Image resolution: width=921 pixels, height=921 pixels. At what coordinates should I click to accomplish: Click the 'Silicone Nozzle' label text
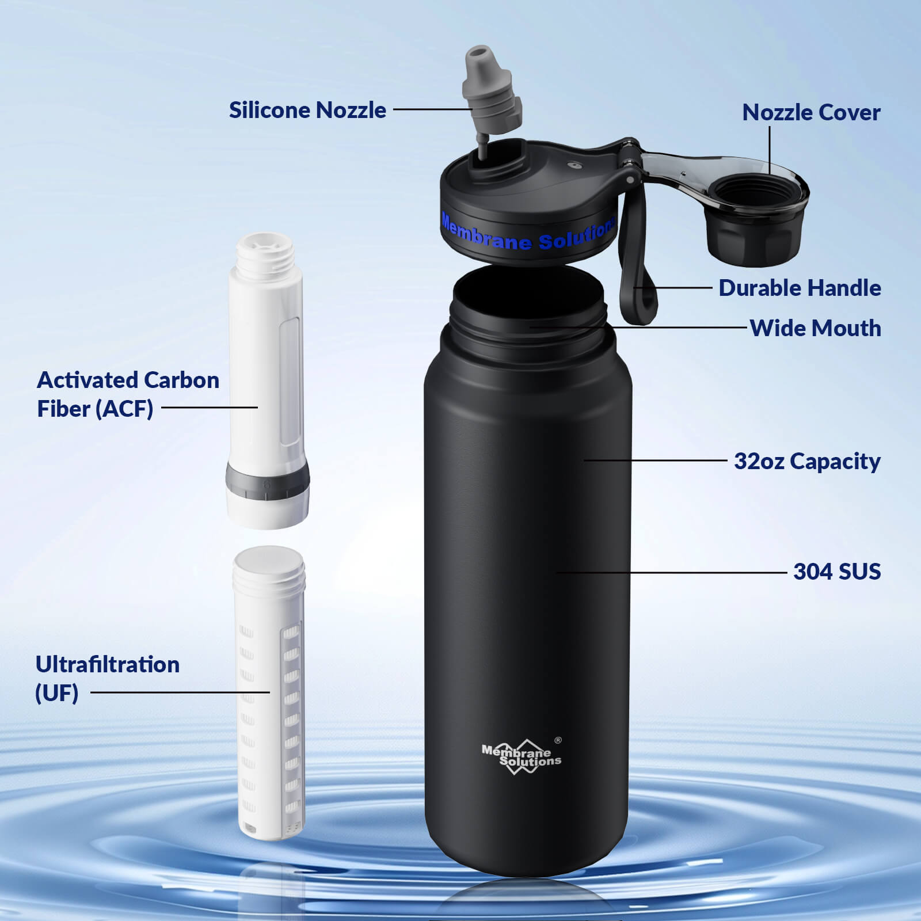click(x=307, y=110)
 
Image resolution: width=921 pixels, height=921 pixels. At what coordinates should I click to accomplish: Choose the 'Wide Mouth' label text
click(x=815, y=328)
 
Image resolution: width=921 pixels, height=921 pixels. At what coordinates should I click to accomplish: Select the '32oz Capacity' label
click(x=806, y=461)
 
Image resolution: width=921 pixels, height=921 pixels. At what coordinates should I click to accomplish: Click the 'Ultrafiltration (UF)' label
click(x=107, y=678)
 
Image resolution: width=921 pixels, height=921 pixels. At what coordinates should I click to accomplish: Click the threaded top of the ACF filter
click(x=265, y=253)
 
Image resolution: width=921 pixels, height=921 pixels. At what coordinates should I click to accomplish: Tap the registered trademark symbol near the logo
click(x=557, y=740)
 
